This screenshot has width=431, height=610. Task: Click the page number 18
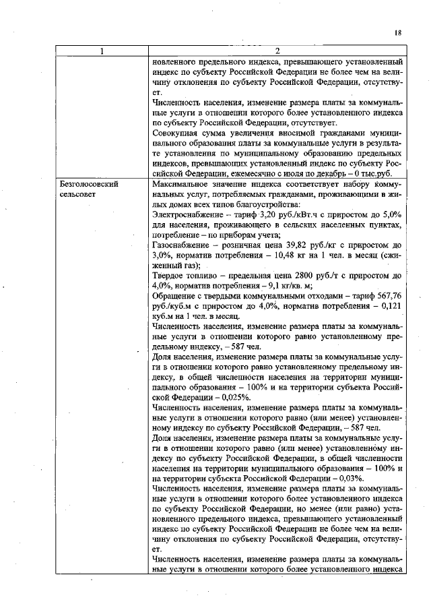click(398, 32)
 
